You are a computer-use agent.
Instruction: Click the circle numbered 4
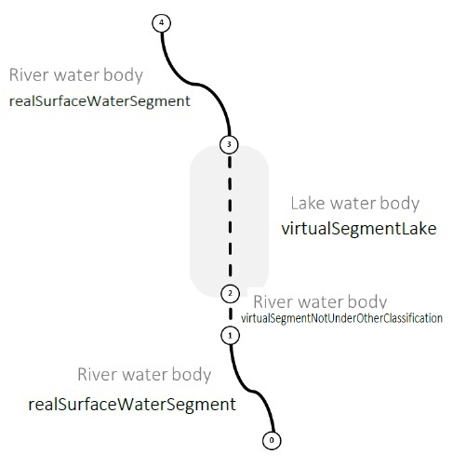click(161, 23)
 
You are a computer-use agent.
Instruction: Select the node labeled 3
click(229, 144)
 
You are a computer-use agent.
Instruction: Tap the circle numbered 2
click(230, 294)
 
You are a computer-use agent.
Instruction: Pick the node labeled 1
click(230, 336)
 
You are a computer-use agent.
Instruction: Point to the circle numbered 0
click(272, 440)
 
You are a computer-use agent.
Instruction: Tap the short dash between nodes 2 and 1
click(231, 314)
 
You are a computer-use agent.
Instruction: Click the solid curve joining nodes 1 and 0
click(252, 391)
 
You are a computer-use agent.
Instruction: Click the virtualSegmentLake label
click(359, 229)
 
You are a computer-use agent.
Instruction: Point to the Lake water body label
click(355, 204)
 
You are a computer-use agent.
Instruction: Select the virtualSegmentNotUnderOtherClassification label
click(341, 318)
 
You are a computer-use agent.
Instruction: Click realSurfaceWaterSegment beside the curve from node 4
click(100, 101)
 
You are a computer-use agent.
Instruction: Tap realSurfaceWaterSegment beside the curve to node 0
click(132, 405)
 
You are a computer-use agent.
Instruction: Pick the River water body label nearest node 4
click(76, 75)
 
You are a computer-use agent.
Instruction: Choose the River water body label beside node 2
click(320, 301)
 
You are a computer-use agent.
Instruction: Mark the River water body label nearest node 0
click(144, 374)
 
